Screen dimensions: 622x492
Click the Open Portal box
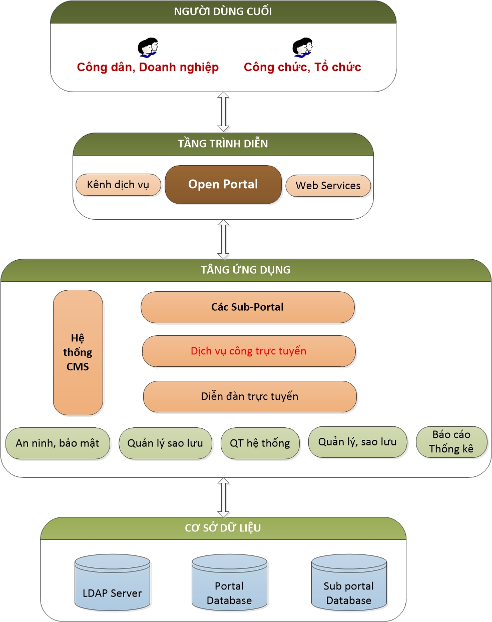click(223, 185)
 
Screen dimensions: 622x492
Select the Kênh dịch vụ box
click(118, 185)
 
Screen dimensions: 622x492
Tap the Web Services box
click(328, 186)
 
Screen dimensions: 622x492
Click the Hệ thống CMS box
click(78, 352)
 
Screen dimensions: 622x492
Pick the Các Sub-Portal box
click(247, 307)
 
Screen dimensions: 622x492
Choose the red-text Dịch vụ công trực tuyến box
click(248, 351)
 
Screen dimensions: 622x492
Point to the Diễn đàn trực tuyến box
click(249, 396)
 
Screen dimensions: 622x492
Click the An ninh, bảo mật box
click(57, 443)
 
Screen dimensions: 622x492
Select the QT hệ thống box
click(260, 443)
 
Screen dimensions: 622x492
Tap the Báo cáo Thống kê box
click(451, 442)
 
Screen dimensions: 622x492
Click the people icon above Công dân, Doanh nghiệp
click(148, 48)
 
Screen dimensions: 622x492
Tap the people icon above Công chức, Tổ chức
click(303, 48)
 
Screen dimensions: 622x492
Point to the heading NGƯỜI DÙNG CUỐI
click(223, 12)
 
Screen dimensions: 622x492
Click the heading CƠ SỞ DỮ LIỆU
click(223, 528)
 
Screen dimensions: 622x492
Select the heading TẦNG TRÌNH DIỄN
click(223, 144)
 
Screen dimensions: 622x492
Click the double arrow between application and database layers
click(223, 497)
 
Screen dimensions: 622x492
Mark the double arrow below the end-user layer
click(223, 112)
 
